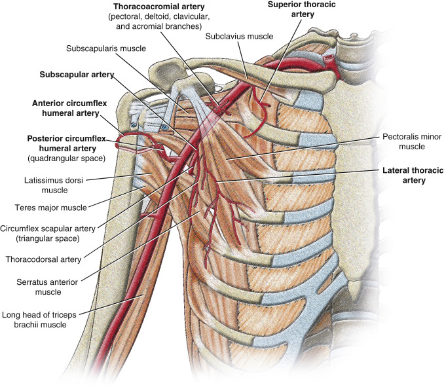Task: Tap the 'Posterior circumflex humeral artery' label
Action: click(x=64, y=143)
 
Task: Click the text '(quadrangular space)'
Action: click(x=64, y=158)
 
